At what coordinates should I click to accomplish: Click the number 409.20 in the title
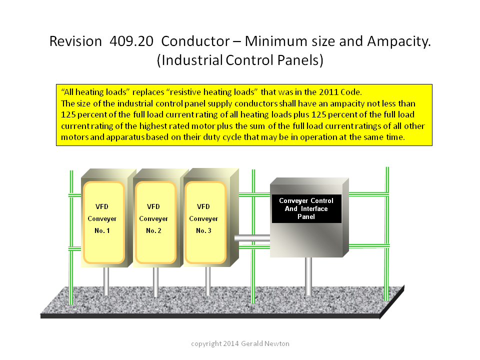pyautogui.click(x=131, y=41)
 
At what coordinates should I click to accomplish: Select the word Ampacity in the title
pyautogui.click(x=398, y=42)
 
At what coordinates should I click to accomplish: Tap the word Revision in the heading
pyautogui.click(x=75, y=41)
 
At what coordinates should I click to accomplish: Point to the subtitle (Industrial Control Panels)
pyautogui.click(x=240, y=60)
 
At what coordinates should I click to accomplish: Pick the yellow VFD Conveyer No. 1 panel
pyautogui.click(x=104, y=222)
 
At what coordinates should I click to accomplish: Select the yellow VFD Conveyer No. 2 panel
pyautogui.click(x=155, y=222)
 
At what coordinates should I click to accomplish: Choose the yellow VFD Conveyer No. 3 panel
pyautogui.click(x=205, y=222)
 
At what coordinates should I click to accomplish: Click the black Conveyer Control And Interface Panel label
pyautogui.click(x=306, y=209)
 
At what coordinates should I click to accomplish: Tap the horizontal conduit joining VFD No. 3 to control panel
pyautogui.click(x=252, y=238)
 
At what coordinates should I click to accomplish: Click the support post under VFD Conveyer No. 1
pyautogui.click(x=106, y=281)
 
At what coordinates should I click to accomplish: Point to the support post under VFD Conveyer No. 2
pyautogui.click(x=156, y=282)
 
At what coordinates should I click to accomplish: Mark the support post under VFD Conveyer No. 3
pyautogui.click(x=208, y=281)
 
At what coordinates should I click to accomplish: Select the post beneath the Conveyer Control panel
pyautogui.click(x=308, y=276)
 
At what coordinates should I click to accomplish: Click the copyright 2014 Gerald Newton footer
pyautogui.click(x=240, y=344)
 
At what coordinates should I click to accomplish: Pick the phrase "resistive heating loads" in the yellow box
pyautogui.click(x=212, y=92)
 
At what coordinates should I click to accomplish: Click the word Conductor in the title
pyautogui.click(x=195, y=41)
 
